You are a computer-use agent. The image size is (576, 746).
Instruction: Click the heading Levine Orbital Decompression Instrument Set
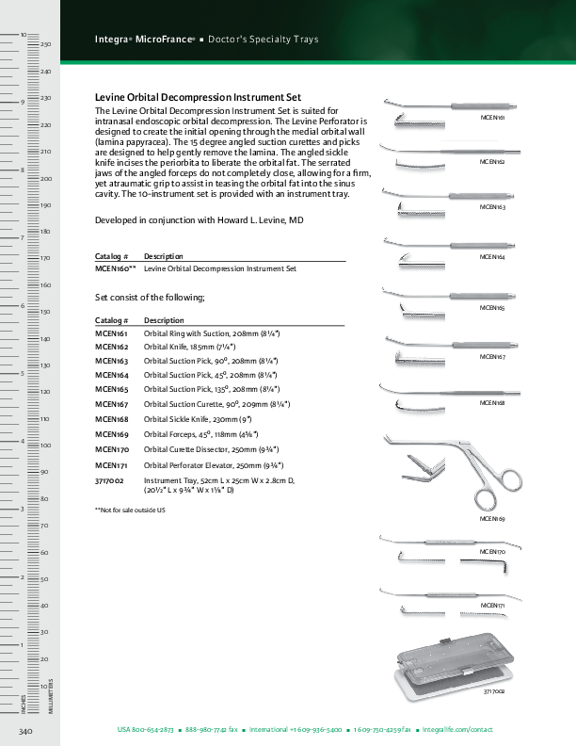[199, 97]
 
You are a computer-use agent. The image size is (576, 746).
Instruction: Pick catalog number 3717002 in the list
[109, 479]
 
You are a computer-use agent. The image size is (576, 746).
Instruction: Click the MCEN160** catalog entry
[116, 268]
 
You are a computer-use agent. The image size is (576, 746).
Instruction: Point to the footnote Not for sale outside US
[130, 510]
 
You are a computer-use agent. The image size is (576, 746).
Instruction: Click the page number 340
[25, 731]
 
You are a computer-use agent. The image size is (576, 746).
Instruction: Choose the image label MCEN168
[492, 402]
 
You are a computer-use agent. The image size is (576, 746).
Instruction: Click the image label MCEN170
[492, 550]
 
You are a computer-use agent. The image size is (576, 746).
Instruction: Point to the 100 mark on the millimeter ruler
[44, 445]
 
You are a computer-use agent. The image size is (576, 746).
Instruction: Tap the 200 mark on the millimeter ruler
[44, 178]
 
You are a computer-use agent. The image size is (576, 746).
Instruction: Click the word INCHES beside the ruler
[23, 702]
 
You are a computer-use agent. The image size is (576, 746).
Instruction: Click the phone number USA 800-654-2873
[145, 730]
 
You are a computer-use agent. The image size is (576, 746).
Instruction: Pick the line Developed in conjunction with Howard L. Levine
[200, 219]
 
